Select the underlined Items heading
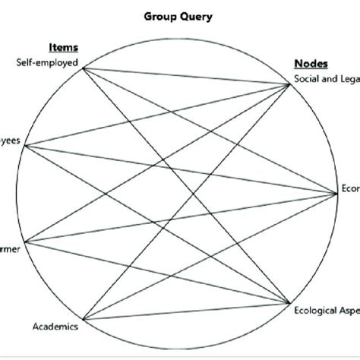point(64,48)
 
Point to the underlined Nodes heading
point(308,65)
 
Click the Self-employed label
point(47,62)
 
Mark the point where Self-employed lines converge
point(82,68)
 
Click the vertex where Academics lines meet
point(82,318)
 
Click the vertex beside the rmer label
point(25,243)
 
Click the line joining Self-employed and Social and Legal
point(186,76)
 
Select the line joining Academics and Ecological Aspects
point(186,311)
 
